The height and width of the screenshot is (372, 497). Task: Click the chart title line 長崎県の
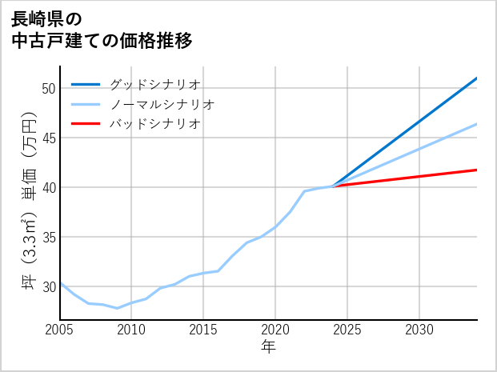pos(46,18)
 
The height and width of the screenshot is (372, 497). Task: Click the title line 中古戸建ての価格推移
pos(102,40)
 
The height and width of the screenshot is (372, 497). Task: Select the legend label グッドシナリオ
pos(154,84)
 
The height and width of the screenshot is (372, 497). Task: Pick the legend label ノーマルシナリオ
pos(162,104)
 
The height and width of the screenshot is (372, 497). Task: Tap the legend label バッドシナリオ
pos(154,124)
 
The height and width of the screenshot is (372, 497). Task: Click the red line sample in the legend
pos(86,124)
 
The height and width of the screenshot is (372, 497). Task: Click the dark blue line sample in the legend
pos(86,84)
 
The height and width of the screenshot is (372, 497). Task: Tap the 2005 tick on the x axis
pos(60,330)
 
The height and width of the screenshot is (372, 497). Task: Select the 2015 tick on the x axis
pos(203,330)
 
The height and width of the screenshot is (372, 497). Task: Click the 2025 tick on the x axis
pos(347,330)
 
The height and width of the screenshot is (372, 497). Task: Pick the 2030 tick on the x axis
pos(419,330)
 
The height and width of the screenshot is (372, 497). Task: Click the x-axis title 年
pos(268,346)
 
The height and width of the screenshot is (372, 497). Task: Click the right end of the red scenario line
pos(476,170)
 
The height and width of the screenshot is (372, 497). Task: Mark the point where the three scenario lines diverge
pos(333,186)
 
